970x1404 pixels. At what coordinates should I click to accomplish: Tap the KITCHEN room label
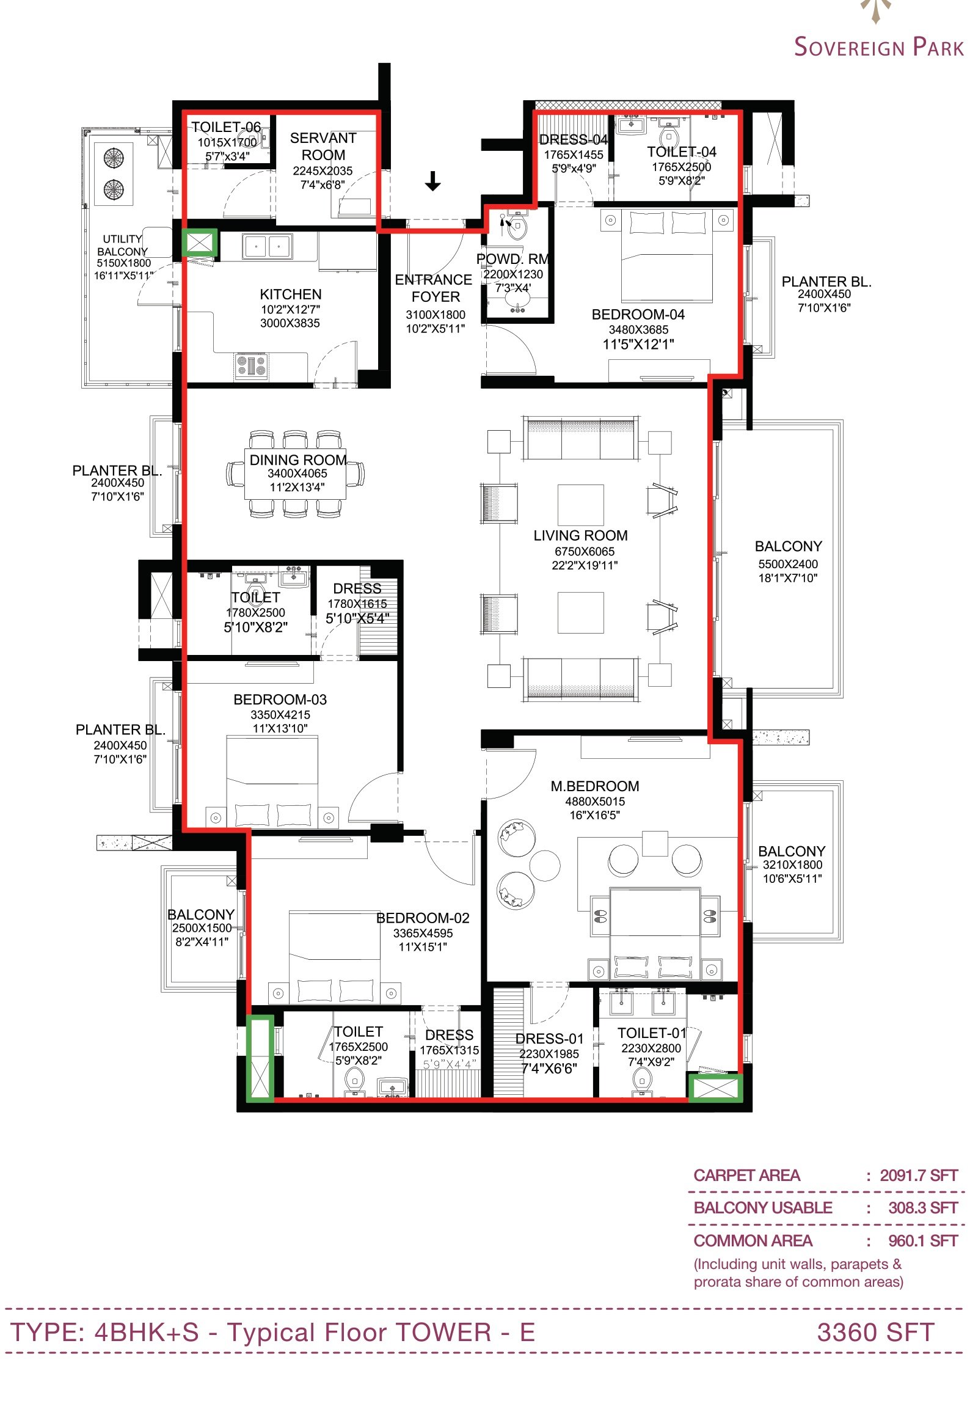[290, 294]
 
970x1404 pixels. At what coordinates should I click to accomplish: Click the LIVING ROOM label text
[580, 536]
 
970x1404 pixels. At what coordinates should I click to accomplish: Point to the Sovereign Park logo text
[879, 47]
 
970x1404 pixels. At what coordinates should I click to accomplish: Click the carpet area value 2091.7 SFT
[919, 1175]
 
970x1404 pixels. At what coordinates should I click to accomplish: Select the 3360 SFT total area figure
[875, 1333]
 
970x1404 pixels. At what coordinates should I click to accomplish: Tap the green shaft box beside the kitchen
[199, 243]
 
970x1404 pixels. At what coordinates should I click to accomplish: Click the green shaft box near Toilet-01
[715, 1088]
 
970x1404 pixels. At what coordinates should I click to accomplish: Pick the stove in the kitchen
[252, 366]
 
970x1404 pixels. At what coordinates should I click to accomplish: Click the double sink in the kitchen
[268, 246]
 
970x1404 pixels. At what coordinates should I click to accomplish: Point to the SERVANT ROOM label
[323, 147]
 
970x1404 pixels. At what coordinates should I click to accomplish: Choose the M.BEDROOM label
[595, 786]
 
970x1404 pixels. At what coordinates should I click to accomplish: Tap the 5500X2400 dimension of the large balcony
[788, 564]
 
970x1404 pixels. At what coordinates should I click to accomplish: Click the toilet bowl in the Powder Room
[517, 229]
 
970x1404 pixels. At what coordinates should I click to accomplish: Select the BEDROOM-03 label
[280, 700]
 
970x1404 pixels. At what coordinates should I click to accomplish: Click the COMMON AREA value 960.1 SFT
[923, 1241]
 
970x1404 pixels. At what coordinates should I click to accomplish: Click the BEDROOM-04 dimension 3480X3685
[638, 330]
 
